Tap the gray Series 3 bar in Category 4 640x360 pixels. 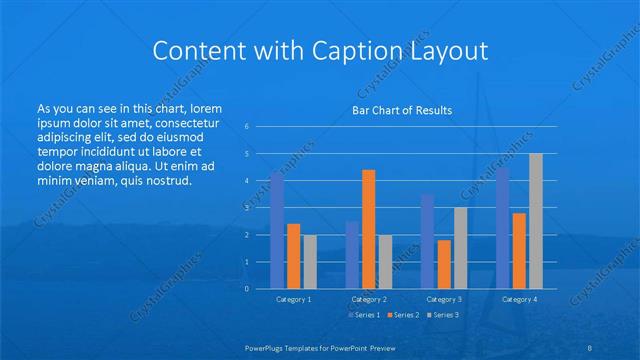535,221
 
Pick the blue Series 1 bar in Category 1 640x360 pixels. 277,230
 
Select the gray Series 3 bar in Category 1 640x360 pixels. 310,262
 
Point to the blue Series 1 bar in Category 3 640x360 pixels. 428,241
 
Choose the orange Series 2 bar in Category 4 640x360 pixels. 519,251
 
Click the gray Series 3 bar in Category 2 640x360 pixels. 385,262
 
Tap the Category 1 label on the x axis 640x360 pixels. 294,299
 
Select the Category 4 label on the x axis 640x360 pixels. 519,299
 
